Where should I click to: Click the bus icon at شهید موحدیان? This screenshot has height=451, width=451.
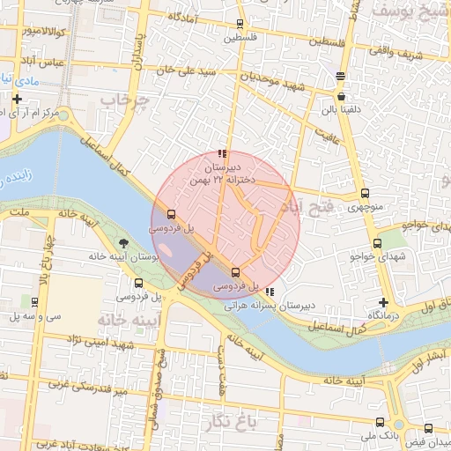tap(340, 77)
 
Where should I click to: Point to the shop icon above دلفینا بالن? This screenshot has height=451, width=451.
tap(340, 97)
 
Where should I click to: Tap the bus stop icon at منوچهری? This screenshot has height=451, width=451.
tap(365, 194)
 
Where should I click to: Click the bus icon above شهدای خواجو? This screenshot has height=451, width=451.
tap(378, 243)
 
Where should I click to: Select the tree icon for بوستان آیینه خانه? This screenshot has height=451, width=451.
tap(122, 243)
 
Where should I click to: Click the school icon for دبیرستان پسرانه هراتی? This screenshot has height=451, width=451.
tap(269, 292)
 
